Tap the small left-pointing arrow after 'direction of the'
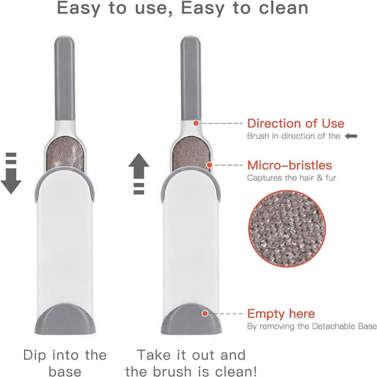[352, 136]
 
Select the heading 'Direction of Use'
[295, 124]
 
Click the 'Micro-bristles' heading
[289, 166]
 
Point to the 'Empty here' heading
[281, 313]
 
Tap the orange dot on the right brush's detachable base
[205, 313]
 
